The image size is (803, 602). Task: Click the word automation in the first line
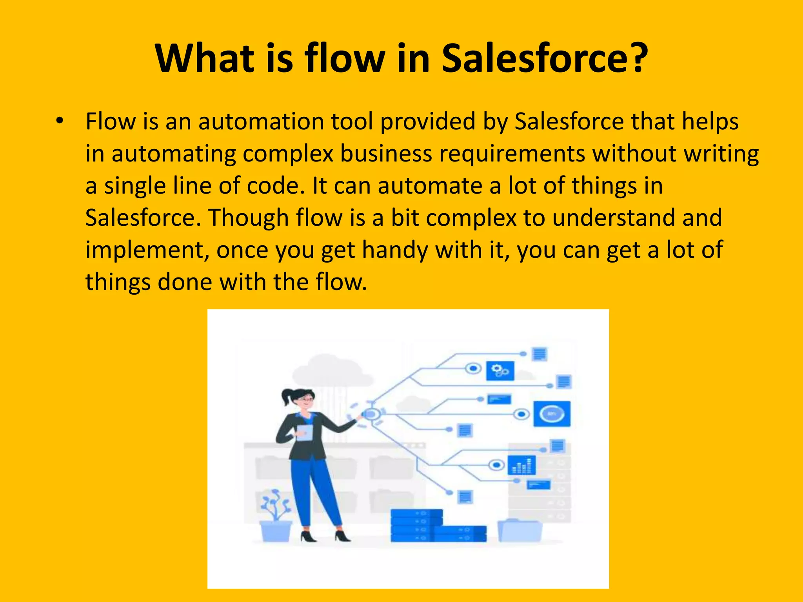tap(261, 121)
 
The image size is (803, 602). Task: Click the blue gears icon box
tap(500, 370)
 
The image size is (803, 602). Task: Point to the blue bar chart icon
tap(521, 465)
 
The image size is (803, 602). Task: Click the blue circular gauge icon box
tap(552, 414)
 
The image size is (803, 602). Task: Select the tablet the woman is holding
tap(304, 433)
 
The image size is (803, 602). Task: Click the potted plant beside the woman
tap(276, 517)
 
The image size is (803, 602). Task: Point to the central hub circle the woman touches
tap(371, 413)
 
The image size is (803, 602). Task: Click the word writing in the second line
tap(721, 154)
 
